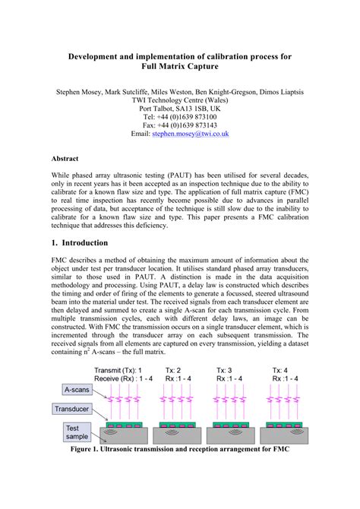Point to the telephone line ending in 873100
[x=180, y=116]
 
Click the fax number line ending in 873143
[x=180, y=125]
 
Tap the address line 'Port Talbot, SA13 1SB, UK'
[x=180, y=109]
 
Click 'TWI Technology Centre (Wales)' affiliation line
[x=180, y=100]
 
